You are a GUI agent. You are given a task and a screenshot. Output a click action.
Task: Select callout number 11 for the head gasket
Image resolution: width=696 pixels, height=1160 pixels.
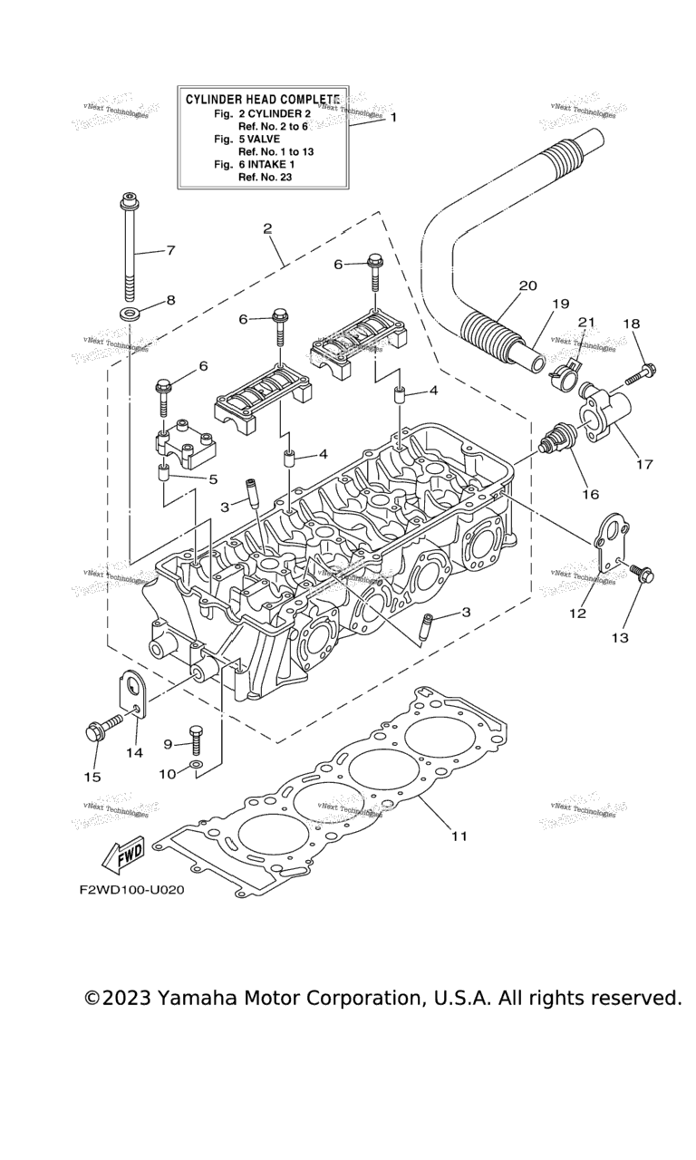[x=459, y=836]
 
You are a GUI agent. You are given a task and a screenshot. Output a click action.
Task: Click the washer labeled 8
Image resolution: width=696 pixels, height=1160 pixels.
[x=129, y=314]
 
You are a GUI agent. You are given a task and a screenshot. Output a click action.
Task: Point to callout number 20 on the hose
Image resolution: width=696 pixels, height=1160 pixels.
[x=527, y=285]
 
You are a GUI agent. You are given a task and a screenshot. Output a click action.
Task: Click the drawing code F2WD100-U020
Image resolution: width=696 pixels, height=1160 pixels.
[x=131, y=890]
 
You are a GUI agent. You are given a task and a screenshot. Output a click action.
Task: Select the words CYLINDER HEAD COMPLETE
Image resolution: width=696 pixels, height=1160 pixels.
[x=263, y=99]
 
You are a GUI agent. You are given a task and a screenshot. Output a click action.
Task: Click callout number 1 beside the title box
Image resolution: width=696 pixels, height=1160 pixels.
[x=393, y=117]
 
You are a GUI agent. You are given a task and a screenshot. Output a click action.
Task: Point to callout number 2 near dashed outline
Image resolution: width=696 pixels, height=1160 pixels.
[x=267, y=228]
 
